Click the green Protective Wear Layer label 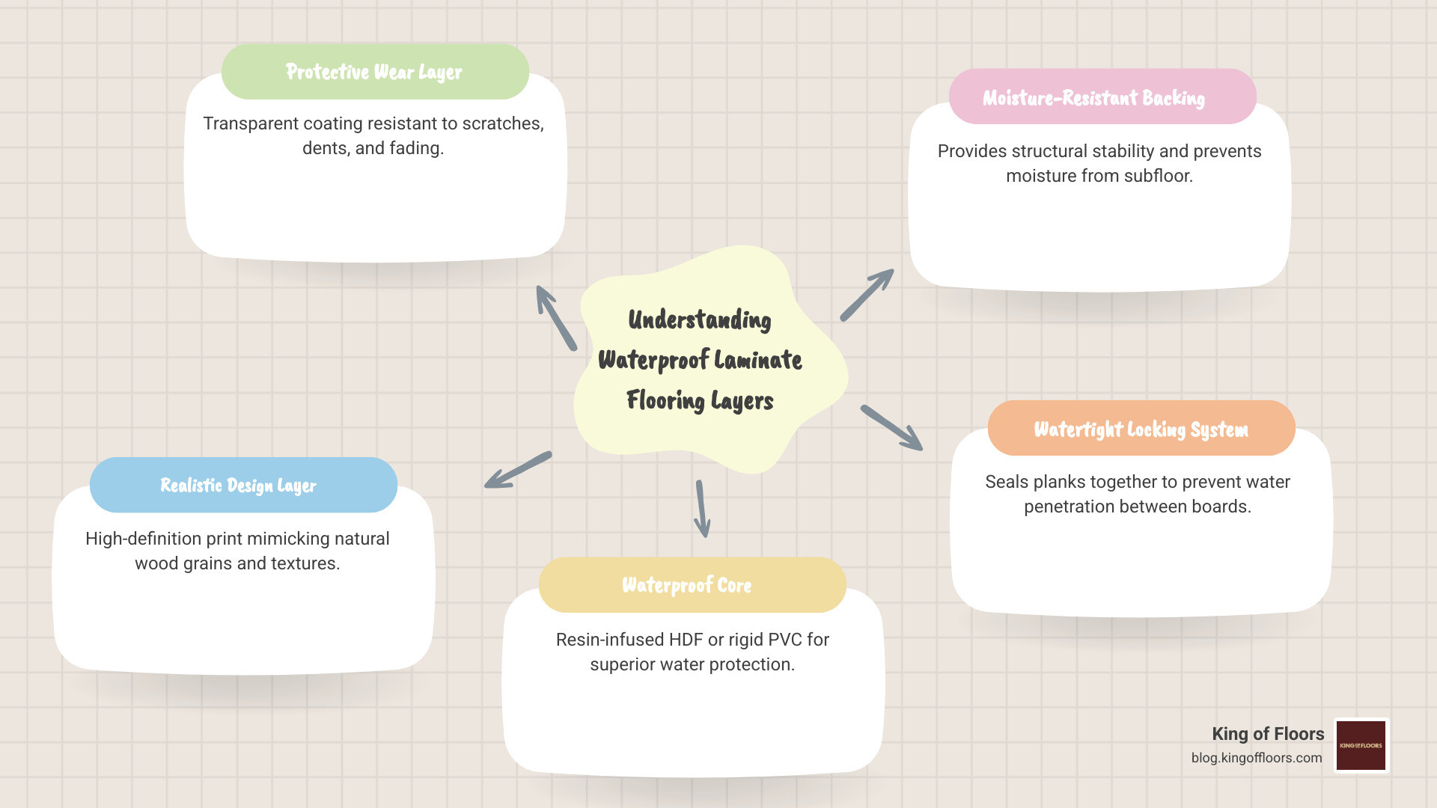click(x=374, y=72)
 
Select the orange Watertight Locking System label click(x=1141, y=429)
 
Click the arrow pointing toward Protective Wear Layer click(x=556, y=317)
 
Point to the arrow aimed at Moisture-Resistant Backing click(x=867, y=295)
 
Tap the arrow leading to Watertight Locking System click(x=891, y=427)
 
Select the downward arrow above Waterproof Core click(x=701, y=509)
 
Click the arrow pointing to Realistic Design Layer click(x=518, y=470)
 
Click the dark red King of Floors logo click(x=1361, y=745)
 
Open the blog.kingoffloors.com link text click(x=1257, y=758)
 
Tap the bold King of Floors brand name click(x=1268, y=734)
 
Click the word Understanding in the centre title click(x=700, y=320)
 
